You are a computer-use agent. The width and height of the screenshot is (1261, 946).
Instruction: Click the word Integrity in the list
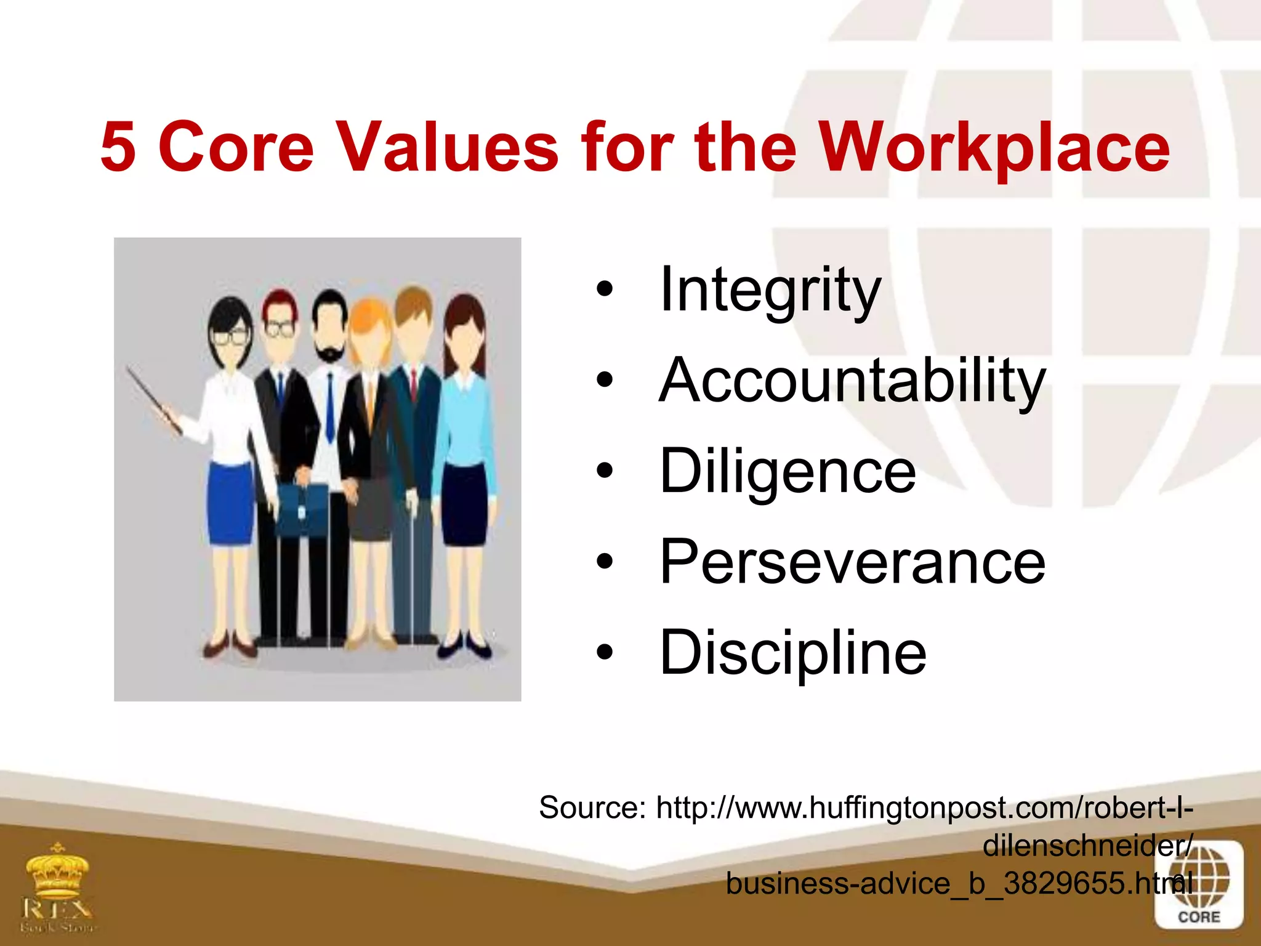(770, 289)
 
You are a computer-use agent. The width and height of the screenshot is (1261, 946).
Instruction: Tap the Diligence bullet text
(788, 471)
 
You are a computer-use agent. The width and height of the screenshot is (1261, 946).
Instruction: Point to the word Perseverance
(852, 562)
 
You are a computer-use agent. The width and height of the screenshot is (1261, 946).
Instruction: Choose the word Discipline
(792, 652)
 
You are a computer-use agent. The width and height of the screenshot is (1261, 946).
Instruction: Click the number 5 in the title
(118, 147)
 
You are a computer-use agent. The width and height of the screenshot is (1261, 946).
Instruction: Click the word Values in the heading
(448, 147)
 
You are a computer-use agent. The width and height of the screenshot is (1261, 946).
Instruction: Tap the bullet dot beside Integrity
(605, 289)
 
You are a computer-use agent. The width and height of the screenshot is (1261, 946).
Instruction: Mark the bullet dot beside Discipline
(605, 652)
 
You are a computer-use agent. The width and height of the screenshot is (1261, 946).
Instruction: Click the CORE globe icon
(1198, 884)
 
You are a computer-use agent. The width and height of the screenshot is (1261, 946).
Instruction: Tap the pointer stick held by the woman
(154, 400)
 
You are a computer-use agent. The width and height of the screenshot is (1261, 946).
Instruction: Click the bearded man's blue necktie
(330, 406)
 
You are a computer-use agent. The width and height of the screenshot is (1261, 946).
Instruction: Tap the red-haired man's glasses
(280, 328)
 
